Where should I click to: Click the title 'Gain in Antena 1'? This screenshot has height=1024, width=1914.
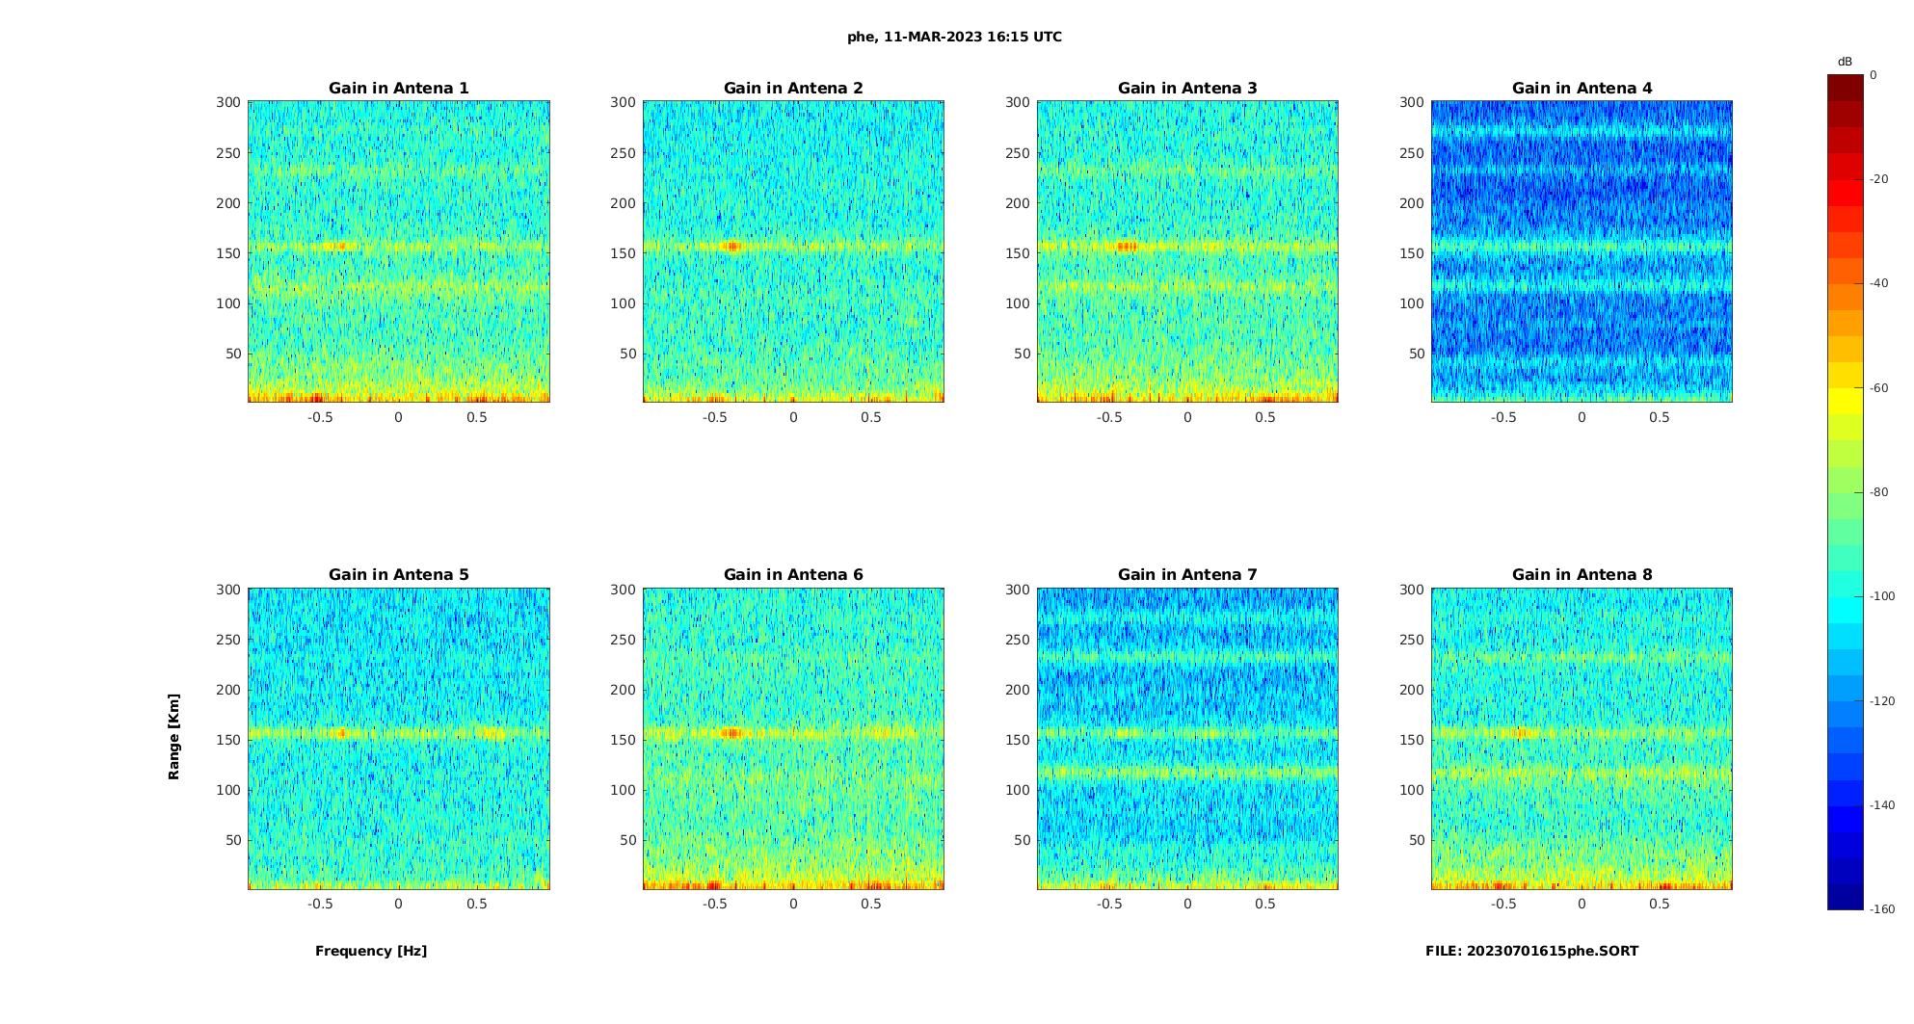[398, 89]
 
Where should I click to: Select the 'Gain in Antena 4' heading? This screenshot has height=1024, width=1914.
[1582, 89]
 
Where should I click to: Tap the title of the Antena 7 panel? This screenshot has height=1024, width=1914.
[1187, 575]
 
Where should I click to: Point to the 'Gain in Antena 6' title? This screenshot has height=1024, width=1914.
[793, 575]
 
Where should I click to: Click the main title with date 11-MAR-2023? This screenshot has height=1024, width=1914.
[954, 38]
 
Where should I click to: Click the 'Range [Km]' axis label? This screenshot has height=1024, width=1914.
[173, 737]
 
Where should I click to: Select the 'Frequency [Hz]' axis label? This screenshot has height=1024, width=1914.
[371, 951]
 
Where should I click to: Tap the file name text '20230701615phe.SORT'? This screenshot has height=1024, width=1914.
[1552, 951]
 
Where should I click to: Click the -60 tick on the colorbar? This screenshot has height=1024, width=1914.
[1878, 388]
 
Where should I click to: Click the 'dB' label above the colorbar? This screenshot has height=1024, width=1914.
[1845, 62]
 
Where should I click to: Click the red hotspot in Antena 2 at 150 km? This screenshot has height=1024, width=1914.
[731, 247]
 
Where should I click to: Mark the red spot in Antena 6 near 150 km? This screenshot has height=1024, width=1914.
[732, 733]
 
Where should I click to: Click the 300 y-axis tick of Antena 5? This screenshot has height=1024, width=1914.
[227, 590]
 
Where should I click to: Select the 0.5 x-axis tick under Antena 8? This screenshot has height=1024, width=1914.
[1659, 904]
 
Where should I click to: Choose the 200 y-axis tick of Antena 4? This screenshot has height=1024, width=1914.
[1411, 203]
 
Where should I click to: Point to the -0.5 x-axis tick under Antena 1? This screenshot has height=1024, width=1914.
[320, 417]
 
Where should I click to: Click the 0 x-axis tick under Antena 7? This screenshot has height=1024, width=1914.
[1187, 904]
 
